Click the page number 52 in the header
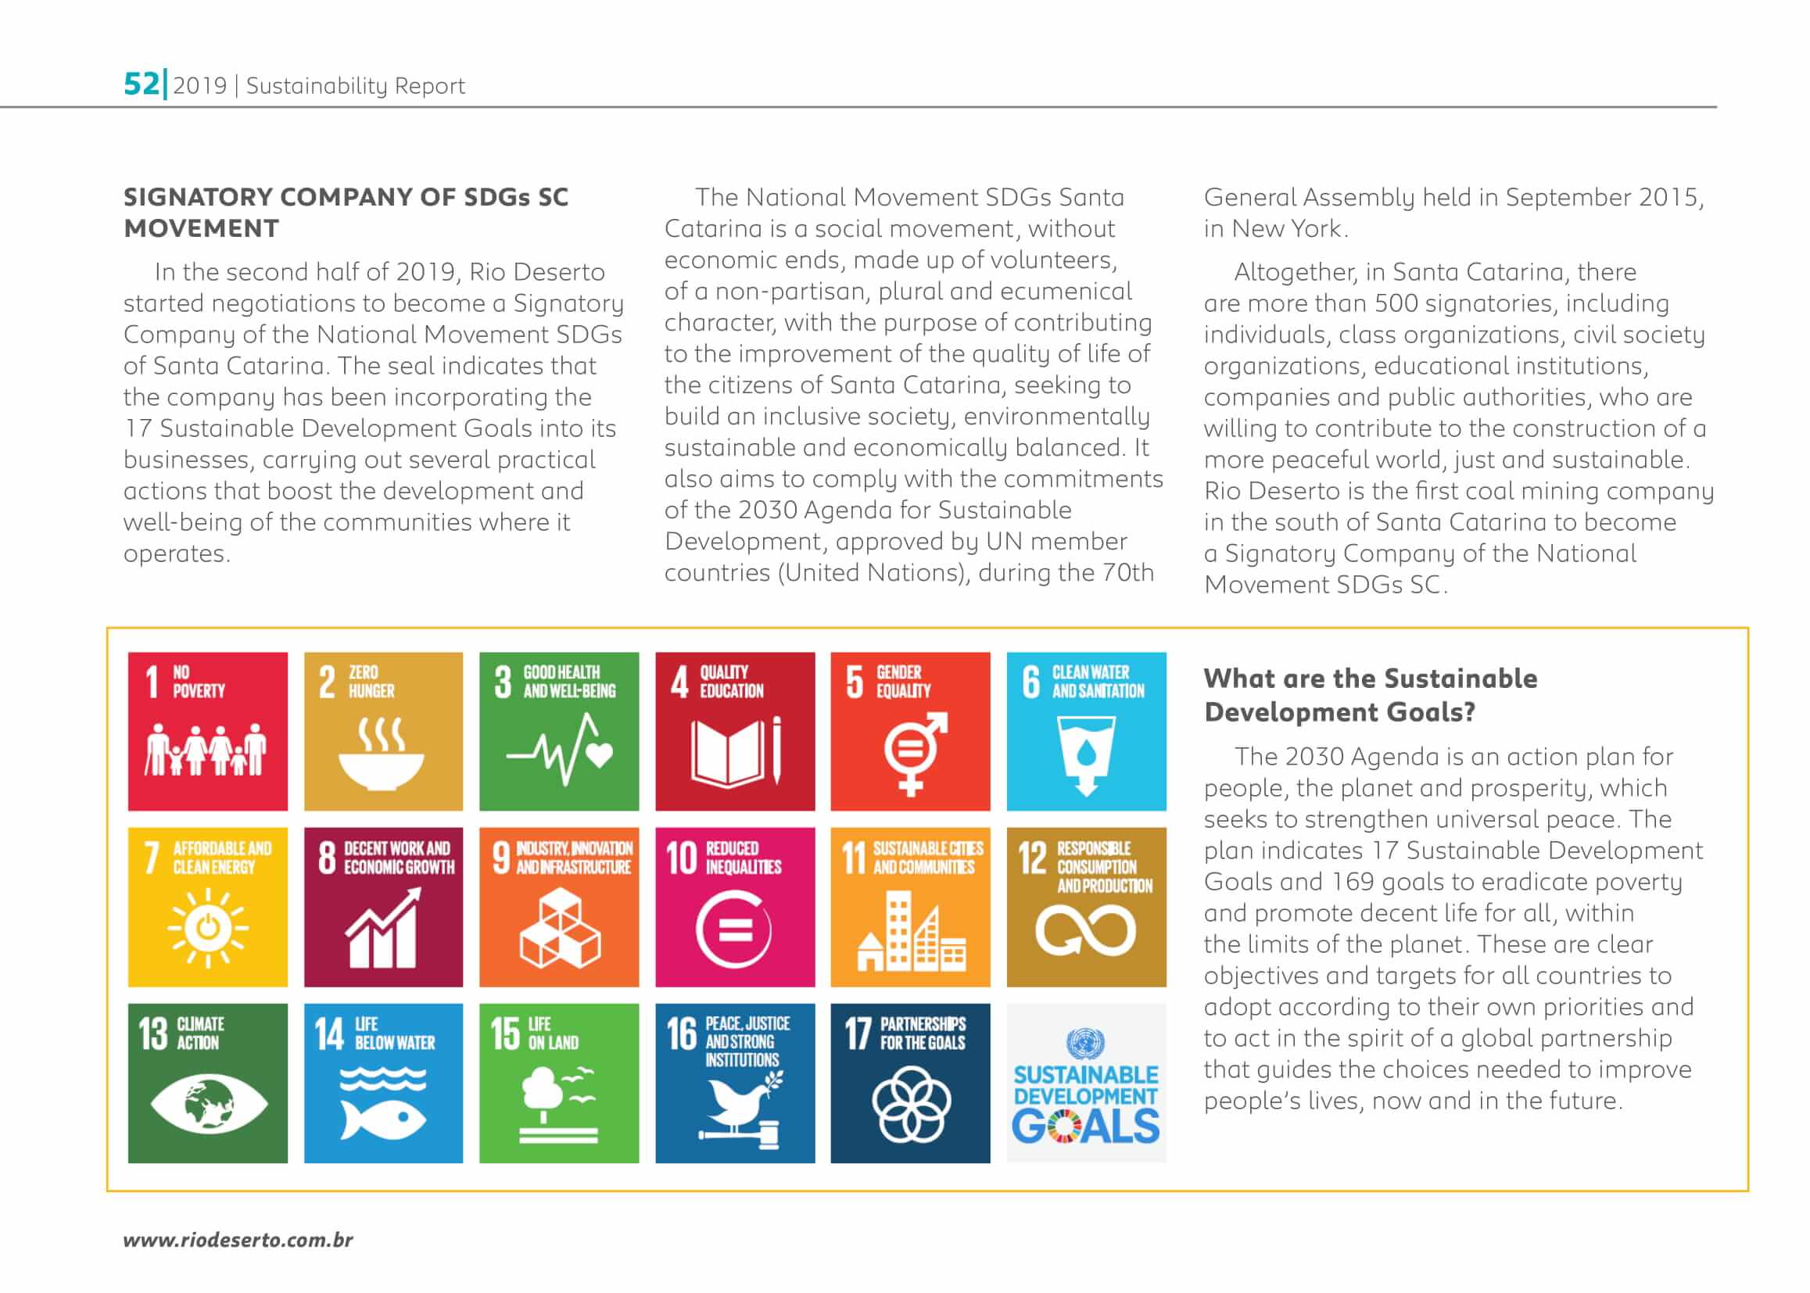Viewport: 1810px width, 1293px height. click(141, 83)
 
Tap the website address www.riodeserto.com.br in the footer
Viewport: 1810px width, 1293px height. click(238, 1240)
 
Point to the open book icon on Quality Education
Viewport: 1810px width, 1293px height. click(730, 751)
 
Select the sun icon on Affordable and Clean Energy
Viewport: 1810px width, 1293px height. click(207, 929)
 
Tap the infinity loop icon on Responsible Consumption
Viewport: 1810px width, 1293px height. click(1084, 932)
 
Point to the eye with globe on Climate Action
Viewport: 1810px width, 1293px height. click(208, 1104)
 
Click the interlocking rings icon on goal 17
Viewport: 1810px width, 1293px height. click(910, 1104)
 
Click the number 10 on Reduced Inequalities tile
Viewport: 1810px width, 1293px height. click(681, 858)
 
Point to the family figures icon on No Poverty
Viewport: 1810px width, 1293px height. click(206, 750)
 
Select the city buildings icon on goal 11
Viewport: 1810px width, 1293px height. click(911, 932)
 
